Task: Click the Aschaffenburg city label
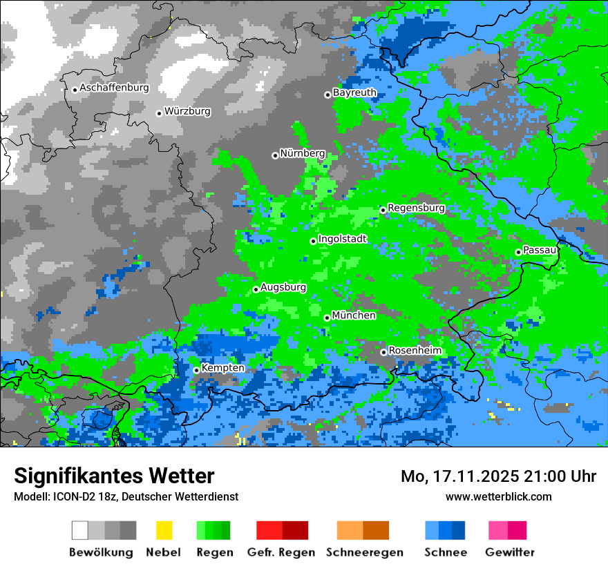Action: point(114,88)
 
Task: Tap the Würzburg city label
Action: point(187,111)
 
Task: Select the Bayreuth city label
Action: point(354,93)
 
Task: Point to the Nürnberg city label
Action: point(302,153)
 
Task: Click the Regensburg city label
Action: point(416,208)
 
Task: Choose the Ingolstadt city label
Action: point(342,239)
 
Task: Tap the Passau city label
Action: point(540,250)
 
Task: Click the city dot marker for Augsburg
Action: point(256,289)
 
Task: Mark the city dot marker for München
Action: point(327,318)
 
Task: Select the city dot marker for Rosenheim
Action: point(383,352)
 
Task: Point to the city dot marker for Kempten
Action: point(196,370)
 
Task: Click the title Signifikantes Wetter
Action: point(114,476)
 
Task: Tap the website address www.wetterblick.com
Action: point(498,496)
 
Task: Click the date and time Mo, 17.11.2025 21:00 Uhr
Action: point(498,476)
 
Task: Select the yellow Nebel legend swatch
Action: point(164,530)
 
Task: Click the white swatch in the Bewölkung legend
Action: point(80,530)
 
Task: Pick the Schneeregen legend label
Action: point(365,552)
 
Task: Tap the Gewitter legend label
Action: point(510,552)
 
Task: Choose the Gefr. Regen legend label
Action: point(281,552)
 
